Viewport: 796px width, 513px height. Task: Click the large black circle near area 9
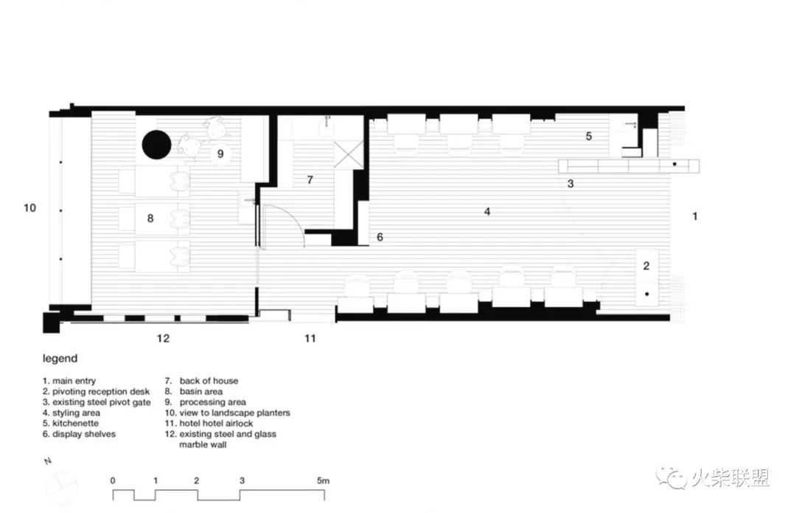pyautogui.click(x=156, y=145)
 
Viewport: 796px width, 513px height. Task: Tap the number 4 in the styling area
pyautogui.click(x=487, y=212)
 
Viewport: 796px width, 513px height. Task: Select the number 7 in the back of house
pyautogui.click(x=310, y=179)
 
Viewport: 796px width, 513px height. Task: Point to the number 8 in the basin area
pyautogui.click(x=150, y=218)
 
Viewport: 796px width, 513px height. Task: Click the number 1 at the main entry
pyautogui.click(x=695, y=216)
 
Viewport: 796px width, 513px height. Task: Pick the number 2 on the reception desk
pyautogui.click(x=646, y=266)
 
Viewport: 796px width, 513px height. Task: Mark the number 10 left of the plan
pyautogui.click(x=30, y=207)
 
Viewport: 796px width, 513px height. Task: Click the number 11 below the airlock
pyautogui.click(x=310, y=338)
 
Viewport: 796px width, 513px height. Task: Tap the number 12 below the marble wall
pyautogui.click(x=163, y=338)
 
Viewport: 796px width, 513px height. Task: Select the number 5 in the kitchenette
pyautogui.click(x=589, y=136)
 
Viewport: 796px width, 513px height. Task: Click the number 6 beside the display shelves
pyautogui.click(x=380, y=237)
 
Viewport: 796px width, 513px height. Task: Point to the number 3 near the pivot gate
pyautogui.click(x=570, y=184)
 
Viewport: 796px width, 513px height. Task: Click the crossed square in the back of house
pyautogui.click(x=349, y=154)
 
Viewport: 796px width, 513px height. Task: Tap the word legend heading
pyautogui.click(x=60, y=359)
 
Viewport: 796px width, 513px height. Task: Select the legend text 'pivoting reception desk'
pyautogui.click(x=101, y=391)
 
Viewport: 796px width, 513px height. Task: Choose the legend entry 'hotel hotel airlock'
pyautogui.click(x=216, y=423)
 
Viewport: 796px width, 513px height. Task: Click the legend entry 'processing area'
pyautogui.click(x=213, y=402)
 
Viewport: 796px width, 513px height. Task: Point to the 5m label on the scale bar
pyautogui.click(x=323, y=480)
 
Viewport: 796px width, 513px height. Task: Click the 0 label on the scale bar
pyautogui.click(x=113, y=480)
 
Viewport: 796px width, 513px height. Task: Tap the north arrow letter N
pyautogui.click(x=48, y=461)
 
